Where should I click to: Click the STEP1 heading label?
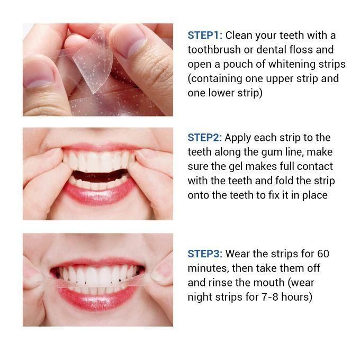coord(205,35)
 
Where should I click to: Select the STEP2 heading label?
coord(205,138)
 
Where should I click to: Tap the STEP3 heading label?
coord(205,254)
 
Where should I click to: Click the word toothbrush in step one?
coord(214,50)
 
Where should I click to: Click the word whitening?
coord(292,64)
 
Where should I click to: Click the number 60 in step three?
coord(323,254)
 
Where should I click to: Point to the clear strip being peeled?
coord(93,60)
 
